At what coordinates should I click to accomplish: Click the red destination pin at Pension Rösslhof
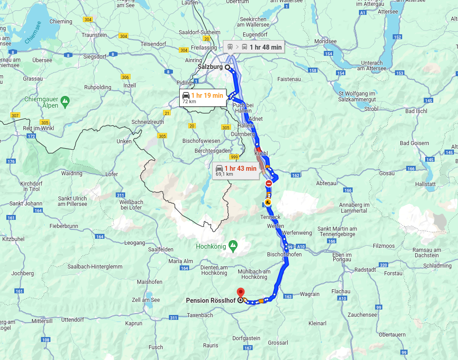click(240, 292)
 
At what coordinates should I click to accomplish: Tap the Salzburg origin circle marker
click(227, 67)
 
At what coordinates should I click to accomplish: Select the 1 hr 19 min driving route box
click(203, 98)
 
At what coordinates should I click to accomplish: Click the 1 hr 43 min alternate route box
click(236, 171)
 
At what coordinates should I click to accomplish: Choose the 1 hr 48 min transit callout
click(254, 47)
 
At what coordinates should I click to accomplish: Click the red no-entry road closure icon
click(269, 183)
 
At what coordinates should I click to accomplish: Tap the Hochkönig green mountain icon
click(233, 246)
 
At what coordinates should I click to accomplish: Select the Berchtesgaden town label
click(212, 151)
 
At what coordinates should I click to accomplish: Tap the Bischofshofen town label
click(284, 255)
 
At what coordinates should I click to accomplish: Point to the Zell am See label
click(145, 300)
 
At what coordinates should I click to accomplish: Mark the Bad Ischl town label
click(416, 111)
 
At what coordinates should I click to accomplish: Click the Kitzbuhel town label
click(13, 239)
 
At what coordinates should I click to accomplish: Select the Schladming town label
click(437, 266)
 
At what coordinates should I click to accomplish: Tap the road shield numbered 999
click(234, 157)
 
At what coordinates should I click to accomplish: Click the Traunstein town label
click(94, 35)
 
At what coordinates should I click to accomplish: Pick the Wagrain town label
click(309, 294)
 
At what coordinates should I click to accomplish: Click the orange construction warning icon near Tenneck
click(268, 202)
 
